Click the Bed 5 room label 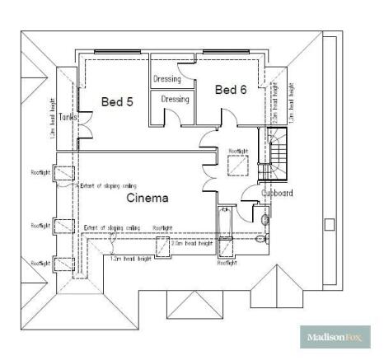(116, 102)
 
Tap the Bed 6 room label (231, 90)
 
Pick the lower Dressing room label (175, 100)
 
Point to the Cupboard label (276, 194)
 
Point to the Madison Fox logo (334, 338)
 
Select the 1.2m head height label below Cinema (131, 259)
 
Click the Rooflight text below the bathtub (227, 264)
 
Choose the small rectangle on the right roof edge (329, 224)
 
